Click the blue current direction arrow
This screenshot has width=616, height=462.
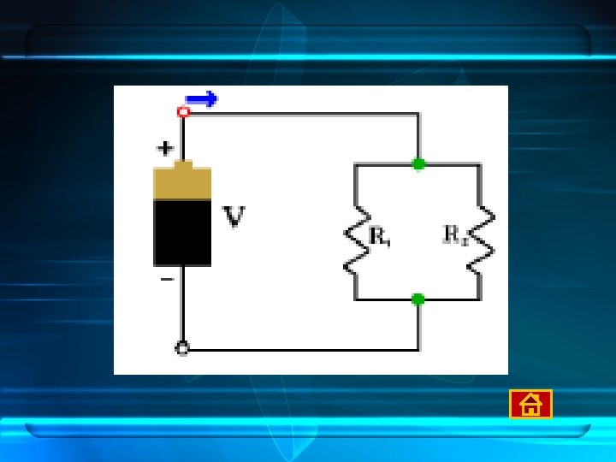click(x=202, y=99)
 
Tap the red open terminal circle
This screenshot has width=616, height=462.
click(x=182, y=112)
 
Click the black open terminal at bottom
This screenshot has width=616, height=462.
click(x=182, y=348)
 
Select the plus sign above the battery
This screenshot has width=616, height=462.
click(x=165, y=148)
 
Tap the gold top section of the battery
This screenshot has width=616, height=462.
click(x=182, y=182)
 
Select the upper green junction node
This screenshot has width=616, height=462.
click(x=418, y=163)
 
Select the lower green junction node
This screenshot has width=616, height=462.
click(x=418, y=299)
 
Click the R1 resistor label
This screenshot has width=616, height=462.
click(x=381, y=236)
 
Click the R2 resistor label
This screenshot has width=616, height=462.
click(x=455, y=234)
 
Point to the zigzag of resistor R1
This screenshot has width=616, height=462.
click(x=354, y=238)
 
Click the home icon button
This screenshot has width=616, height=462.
click(x=530, y=404)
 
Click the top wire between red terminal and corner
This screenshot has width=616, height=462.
click(x=299, y=112)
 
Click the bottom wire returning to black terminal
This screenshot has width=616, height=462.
click(x=299, y=349)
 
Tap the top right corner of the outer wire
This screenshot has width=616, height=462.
click(x=418, y=113)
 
